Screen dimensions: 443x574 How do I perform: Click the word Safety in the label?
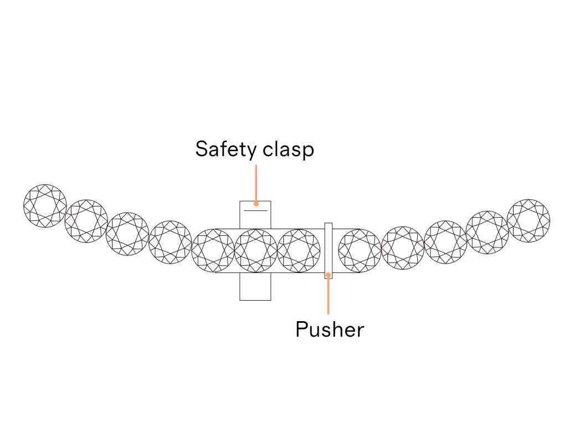pos(224,150)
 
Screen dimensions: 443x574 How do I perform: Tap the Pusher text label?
pos(330,329)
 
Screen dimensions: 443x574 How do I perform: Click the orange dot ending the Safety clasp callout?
pos(256,203)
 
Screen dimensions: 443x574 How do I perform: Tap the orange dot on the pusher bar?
pos(329,274)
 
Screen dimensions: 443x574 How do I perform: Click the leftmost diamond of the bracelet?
pos(45,206)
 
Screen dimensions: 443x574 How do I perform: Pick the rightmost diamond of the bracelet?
pos(529,220)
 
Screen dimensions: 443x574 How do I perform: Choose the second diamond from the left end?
pos(86,221)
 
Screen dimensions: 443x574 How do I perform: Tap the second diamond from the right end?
pos(487,233)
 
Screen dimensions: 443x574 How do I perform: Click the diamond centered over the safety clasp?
pos(255,251)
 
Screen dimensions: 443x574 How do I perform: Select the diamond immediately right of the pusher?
pos(360,251)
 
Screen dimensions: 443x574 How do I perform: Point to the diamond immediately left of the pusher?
pos(299,251)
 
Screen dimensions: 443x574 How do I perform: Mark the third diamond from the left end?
pos(127,234)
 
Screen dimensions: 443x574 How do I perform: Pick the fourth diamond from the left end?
pos(170,242)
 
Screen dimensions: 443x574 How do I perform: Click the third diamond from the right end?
pos(445,242)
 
